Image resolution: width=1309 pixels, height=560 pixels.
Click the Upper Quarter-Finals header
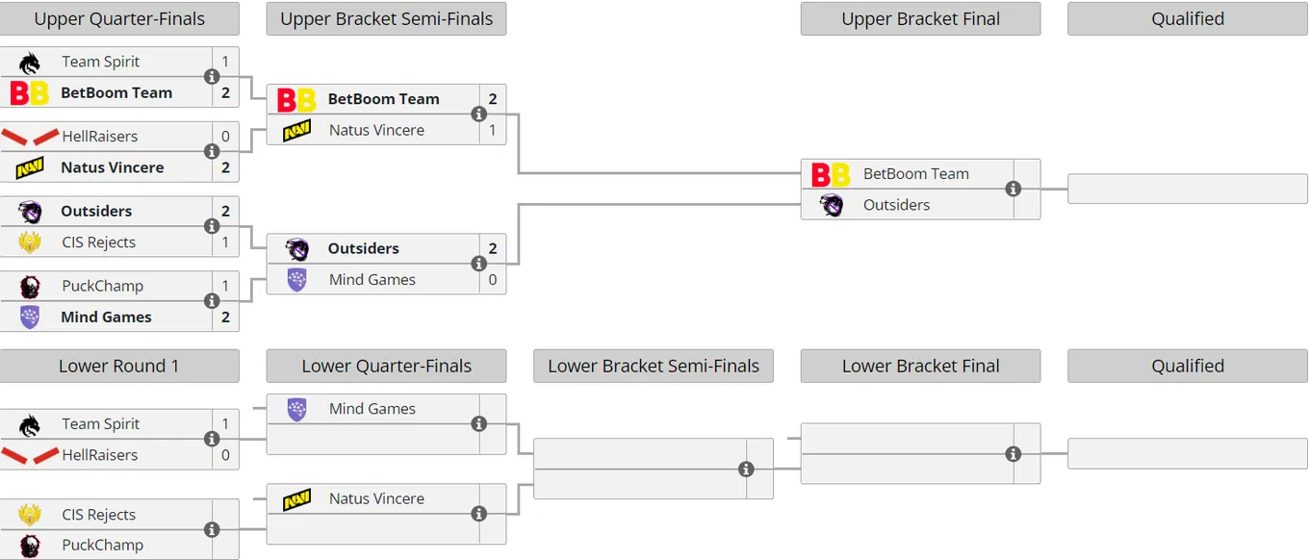click(119, 18)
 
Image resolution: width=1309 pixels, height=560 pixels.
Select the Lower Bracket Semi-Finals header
click(654, 367)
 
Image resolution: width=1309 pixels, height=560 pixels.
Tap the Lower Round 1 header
click(119, 367)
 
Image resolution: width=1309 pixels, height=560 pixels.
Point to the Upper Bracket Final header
click(920, 18)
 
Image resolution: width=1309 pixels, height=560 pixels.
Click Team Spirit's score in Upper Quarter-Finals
click(225, 62)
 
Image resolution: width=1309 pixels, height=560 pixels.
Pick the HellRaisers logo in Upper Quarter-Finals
click(30, 137)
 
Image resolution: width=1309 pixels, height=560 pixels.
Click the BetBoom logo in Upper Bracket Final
click(831, 174)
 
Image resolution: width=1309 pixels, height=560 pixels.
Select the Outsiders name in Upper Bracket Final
click(896, 205)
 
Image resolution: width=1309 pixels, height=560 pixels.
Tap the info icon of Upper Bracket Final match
click(1014, 190)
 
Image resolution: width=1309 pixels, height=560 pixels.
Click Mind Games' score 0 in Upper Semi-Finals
click(493, 280)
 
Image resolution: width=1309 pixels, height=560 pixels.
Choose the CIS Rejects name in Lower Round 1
click(99, 515)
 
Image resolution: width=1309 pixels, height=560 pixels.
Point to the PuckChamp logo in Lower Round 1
click(30, 546)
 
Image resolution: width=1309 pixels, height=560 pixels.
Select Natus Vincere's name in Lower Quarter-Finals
click(376, 498)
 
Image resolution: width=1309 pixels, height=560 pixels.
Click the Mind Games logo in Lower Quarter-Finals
click(296, 409)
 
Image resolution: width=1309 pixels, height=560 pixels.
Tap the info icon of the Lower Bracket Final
click(1014, 454)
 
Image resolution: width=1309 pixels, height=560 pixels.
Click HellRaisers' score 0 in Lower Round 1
click(225, 455)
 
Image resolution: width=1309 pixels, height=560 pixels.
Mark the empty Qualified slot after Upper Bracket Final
click(1188, 189)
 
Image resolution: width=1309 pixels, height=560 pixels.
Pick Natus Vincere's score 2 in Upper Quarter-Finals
click(225, 167)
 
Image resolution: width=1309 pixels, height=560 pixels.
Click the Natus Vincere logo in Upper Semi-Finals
click(296, 130)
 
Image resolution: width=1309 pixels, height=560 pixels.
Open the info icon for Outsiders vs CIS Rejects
click(212, 226)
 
